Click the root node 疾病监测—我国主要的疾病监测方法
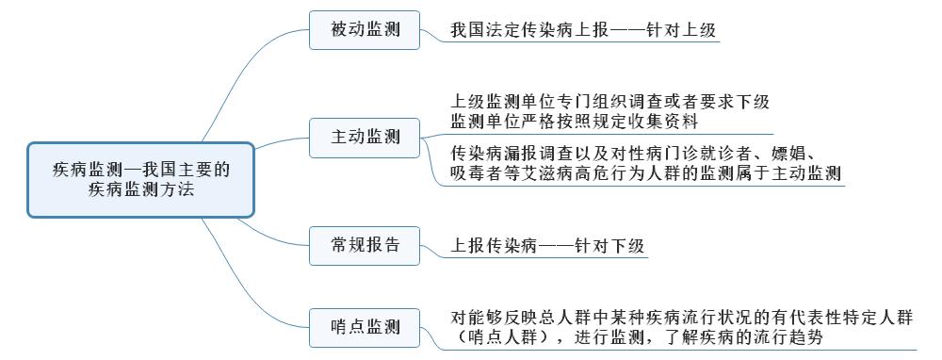click(140, 179)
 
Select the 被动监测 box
click(365, 30)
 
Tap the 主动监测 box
click(365, 137)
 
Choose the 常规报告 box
click(365, 246)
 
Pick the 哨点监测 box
click(365, 327)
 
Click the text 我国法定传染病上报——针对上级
click(583, 30)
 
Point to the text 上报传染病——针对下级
click(547, 247)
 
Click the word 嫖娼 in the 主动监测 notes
click(788, 153)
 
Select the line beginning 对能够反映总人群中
click(682, 318)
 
